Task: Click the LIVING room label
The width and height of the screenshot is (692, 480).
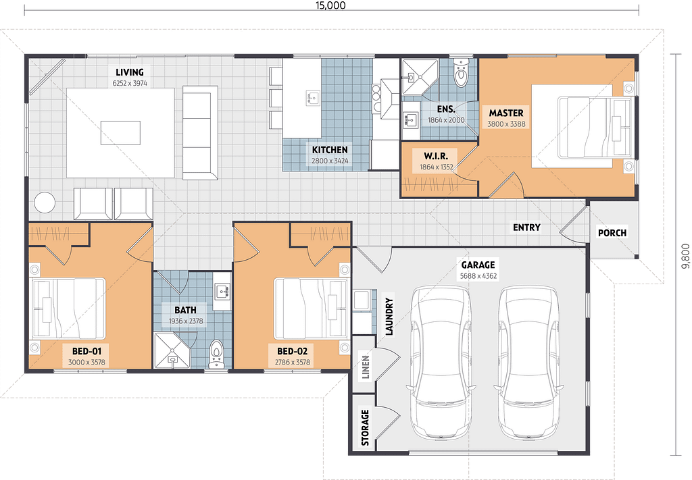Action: pos(130,72)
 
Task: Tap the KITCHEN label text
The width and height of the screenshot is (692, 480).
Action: pos(330,150)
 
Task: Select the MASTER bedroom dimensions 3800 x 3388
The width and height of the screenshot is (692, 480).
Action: pos(506,124)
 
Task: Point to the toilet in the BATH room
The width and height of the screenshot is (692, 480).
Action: pos(216,354)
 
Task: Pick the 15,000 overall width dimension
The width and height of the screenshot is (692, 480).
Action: pos(330,5)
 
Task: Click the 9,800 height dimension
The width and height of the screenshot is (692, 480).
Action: pos(685,256)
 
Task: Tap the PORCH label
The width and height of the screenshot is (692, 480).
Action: pos(612,233)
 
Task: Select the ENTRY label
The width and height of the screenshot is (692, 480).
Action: pos(526,228)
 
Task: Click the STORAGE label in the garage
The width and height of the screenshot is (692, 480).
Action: pos(366,427)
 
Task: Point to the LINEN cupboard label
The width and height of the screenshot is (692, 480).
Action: pos(366,367)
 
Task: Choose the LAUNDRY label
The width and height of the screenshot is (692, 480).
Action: pos(389,317)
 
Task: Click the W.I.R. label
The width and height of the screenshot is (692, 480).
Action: pos(436,156)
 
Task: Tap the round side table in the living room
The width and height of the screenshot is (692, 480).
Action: pos(45,203)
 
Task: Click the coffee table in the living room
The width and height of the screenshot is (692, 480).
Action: pos(120,133)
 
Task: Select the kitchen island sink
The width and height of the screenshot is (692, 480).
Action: pos(312,98)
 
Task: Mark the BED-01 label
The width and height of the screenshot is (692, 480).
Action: pos(87,351)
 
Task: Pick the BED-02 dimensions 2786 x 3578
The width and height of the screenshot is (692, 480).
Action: pos(293,363)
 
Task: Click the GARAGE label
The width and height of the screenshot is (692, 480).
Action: pos(478,265)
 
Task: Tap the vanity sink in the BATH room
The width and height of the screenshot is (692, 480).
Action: pos(222,291)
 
